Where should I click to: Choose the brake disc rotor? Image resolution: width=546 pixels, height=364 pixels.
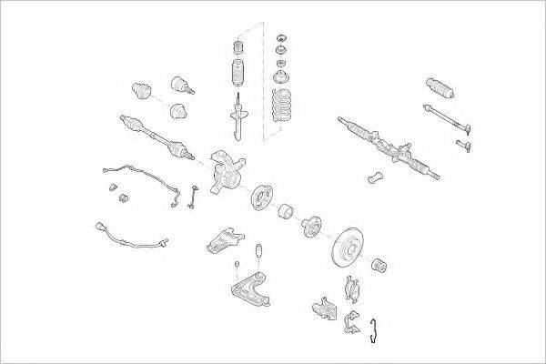click(350, 244)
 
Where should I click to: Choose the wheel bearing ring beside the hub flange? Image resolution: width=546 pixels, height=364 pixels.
click(284, 211)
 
